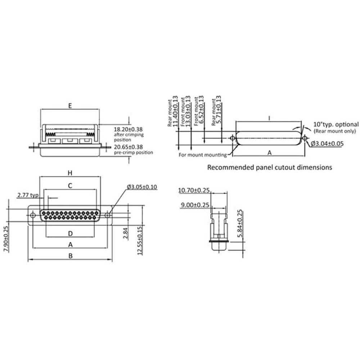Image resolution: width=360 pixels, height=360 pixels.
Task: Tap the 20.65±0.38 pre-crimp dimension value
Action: point(128,147)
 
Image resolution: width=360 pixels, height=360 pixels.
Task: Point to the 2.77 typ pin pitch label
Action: point(27,195)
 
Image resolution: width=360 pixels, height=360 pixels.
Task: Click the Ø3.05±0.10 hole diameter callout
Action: point(142,187)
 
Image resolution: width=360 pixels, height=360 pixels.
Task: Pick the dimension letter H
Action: point(71,173)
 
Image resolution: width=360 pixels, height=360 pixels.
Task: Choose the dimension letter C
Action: point(71,186)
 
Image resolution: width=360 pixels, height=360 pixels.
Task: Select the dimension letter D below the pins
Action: point(71,234)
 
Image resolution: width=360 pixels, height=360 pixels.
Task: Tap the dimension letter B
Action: point(71,256)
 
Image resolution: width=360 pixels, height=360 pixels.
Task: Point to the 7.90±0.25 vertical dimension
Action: point(5,239)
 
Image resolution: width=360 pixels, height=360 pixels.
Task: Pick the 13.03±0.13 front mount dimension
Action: point(188,111)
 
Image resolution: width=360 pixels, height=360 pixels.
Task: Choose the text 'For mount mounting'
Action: point(202,155)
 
